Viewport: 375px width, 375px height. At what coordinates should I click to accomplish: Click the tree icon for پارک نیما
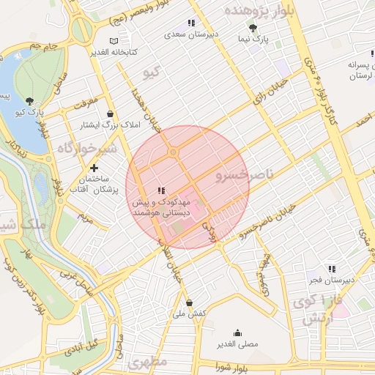point(253,28)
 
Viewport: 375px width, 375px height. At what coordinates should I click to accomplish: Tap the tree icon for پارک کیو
point(29,101)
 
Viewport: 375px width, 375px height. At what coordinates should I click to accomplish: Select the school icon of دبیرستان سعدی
point(191,23)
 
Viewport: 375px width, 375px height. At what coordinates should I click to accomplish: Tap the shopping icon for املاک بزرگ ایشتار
point(110,114)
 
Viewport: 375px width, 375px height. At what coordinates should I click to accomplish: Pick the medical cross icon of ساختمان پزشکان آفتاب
point(94,168)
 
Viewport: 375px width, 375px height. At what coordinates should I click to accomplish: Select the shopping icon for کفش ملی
point(189,302)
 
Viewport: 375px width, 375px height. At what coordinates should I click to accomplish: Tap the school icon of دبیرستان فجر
point(332,269)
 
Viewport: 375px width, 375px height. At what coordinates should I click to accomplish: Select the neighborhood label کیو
point(152,72)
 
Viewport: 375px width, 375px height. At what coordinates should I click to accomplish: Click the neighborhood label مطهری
point(147,363)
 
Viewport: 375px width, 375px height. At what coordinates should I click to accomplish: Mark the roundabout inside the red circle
point(174,152)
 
